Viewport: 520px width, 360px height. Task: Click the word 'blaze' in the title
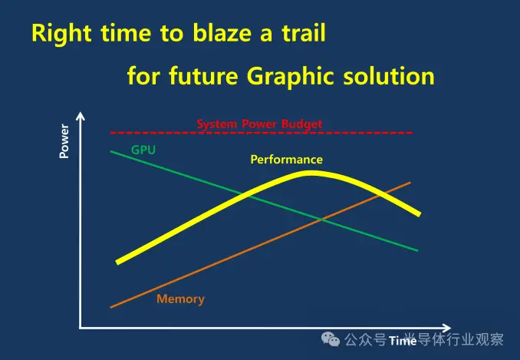click(222, 33)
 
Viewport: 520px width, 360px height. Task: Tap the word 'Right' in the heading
click(61, 34)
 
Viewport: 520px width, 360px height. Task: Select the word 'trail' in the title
click(304, 33)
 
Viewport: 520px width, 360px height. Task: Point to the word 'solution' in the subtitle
click(389, 76)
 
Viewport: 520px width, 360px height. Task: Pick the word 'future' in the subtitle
click(203, 76)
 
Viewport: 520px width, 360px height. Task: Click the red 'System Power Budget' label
click(259, 124)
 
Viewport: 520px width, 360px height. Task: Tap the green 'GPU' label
click(143, 150)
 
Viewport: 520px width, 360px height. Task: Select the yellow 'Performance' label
click(287, 160)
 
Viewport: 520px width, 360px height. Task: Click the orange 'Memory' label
click(180, 299)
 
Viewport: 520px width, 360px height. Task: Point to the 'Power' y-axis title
click(64, 141)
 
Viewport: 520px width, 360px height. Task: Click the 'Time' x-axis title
click(403, 340)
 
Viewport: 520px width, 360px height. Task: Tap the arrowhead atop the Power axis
click(81, 116)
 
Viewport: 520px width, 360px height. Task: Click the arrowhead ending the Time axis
click(446, 328)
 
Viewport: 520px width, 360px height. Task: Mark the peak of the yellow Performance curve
click(311, 173)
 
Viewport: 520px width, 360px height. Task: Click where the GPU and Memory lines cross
click(321, 219)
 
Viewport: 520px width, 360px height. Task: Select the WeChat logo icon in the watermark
click(331, 339)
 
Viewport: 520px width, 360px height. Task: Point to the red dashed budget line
click(262, 133)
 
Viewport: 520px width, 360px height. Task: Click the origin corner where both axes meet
click(81, 328)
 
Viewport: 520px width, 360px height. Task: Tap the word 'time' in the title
click(126, 33)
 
